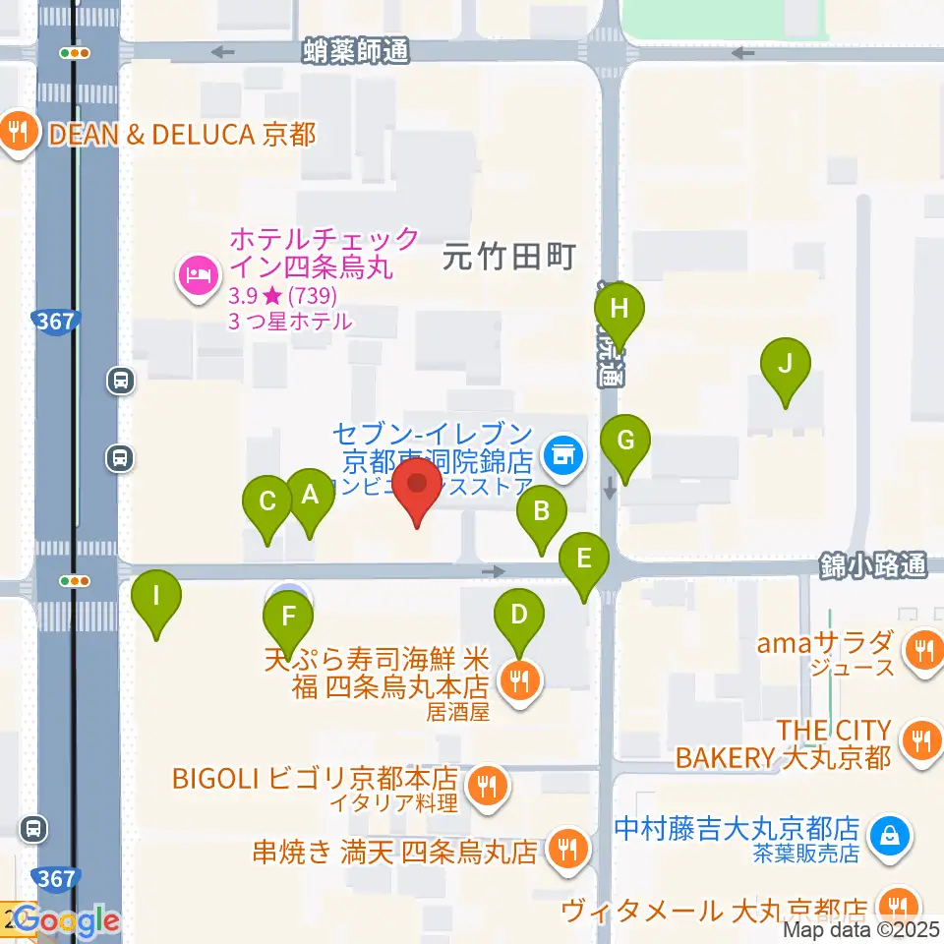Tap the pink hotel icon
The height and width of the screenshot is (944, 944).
(198, 274)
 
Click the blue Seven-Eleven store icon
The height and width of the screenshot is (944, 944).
(563, 454)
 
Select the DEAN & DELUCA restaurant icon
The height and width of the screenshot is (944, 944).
(19, 133)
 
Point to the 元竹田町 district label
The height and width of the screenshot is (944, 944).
(508, 259)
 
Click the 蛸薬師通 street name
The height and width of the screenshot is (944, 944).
(356, 51)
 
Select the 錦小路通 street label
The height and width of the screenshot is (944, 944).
(873, 565)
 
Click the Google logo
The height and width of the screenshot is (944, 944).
(67, 920)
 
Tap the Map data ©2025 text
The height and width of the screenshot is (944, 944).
(862, 927)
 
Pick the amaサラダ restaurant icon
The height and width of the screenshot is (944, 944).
(922, 648)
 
